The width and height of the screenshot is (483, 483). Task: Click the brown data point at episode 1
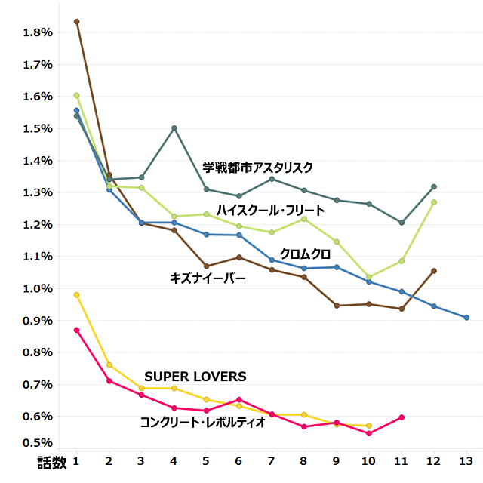pos(76,22)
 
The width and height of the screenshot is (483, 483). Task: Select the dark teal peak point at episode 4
pos(174,128)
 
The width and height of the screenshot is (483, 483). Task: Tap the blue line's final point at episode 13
pos(466,318)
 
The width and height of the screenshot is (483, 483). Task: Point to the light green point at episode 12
pos(434,202)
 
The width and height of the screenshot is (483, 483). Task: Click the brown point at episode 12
pos(434,271)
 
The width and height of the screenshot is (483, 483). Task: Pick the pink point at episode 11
pos(401,417)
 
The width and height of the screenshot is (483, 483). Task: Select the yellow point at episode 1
pos(76,295)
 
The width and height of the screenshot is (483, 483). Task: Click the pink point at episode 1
pos(76,331)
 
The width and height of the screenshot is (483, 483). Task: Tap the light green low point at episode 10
pos(369,278)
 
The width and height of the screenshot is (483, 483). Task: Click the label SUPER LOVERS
pos(195,377)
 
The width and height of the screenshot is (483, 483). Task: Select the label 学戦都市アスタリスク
pos(257,168)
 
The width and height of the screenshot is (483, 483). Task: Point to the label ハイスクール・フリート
pos(271,210)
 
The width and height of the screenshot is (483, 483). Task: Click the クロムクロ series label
pos(305,254)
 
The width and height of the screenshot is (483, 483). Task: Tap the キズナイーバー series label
pos(208,278)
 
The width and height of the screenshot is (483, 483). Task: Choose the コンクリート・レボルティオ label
pos(202,423)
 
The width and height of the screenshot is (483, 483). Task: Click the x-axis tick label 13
pos(466,461)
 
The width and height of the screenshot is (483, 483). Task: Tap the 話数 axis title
pos(52,461)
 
